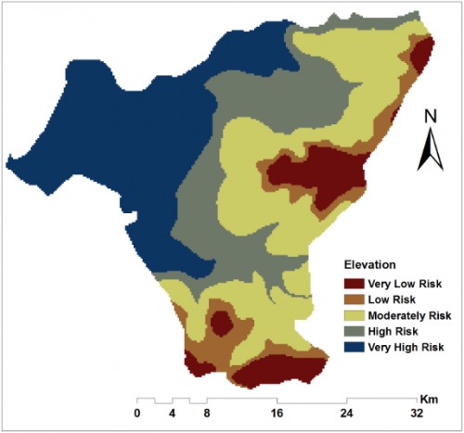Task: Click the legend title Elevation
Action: (371, 262)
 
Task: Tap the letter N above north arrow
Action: (430, 117)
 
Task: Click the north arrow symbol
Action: (430, 150)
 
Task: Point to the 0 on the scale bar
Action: (137, 413)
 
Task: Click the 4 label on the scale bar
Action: (172, 413)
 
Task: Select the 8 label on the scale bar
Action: (207, 413)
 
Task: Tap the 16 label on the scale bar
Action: (277, 413)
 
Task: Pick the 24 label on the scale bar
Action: (347, 413)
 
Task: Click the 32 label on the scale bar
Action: (417, 413)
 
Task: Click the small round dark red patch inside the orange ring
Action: (221, 323)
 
